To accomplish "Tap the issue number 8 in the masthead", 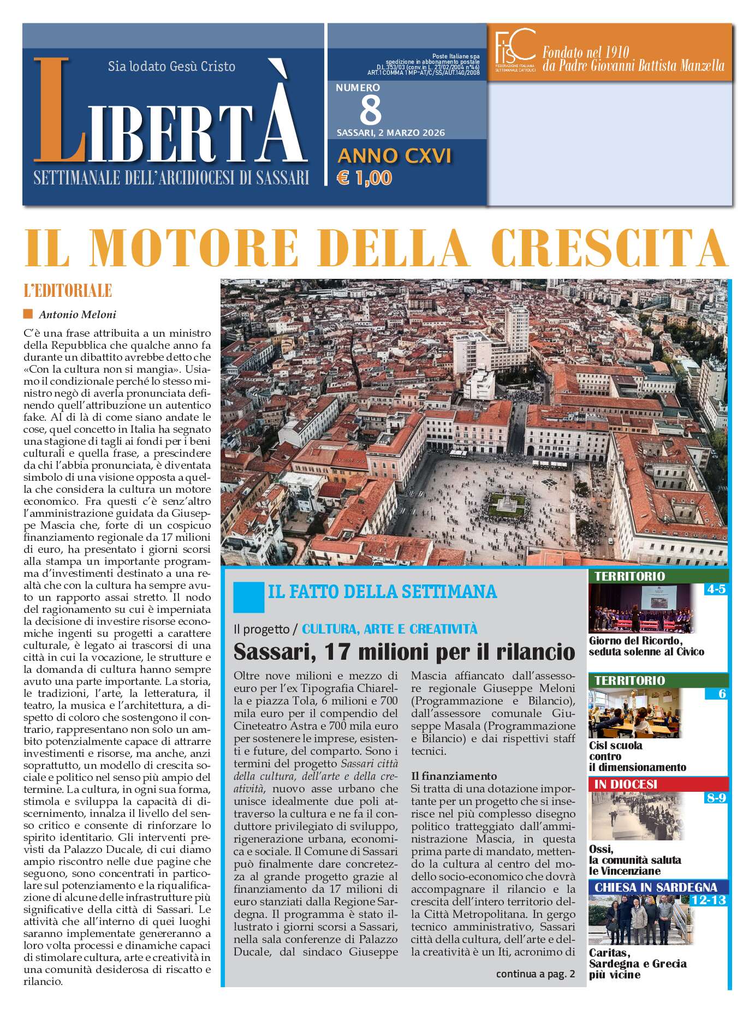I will tap(371, 110).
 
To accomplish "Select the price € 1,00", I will tap(365, 177).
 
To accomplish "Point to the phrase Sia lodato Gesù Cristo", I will tap(171, 67).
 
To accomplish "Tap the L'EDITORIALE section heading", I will tap(68, 290).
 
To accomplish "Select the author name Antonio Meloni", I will tap(77, 314).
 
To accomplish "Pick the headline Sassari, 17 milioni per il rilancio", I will tap(404, 652).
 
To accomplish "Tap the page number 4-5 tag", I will tap(715, 589).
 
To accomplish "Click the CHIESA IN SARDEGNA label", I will tap(656, 887).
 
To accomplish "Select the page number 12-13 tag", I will tap(708, 900).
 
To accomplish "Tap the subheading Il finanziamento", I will tap(454, 776).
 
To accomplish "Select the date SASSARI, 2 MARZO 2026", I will tap(390, 133).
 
